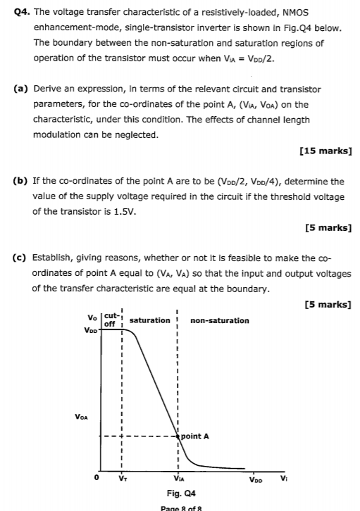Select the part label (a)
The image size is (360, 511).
tap(22, 89)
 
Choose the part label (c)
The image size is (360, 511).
tap(22, 258)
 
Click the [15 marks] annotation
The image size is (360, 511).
tap(325, 151)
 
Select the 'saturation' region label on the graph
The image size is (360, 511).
tap(149, 320)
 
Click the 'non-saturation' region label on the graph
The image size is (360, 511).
tap(219, 320)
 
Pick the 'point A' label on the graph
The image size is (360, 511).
tap(194, 436)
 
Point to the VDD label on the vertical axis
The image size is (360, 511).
tap(90, 329)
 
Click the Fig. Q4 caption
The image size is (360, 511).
tap(180, 495)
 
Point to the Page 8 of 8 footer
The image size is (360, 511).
tap(180, 507)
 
